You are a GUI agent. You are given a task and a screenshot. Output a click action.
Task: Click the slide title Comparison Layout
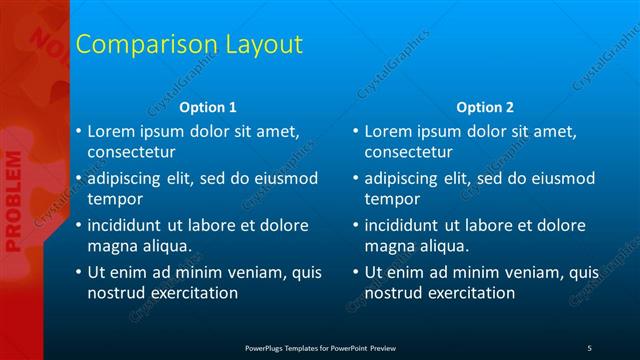(189, 45)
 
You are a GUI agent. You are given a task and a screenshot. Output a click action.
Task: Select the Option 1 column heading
(208, 107)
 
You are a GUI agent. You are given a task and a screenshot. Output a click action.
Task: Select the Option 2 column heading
(485, 107)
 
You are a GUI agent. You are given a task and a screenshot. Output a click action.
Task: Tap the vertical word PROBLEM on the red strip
(13, 200)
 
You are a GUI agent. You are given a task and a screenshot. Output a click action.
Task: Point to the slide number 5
(589, 347)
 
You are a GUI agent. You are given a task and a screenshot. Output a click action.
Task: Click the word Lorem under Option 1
(112, 131)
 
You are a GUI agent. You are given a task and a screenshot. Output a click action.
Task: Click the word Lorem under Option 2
(389, 131)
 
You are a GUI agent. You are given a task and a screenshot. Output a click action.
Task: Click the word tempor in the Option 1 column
(113, 199)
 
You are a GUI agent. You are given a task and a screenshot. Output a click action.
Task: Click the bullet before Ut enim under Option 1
(78, 272)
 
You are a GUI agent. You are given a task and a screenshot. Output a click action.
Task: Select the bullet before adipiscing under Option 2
(355, 179)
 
